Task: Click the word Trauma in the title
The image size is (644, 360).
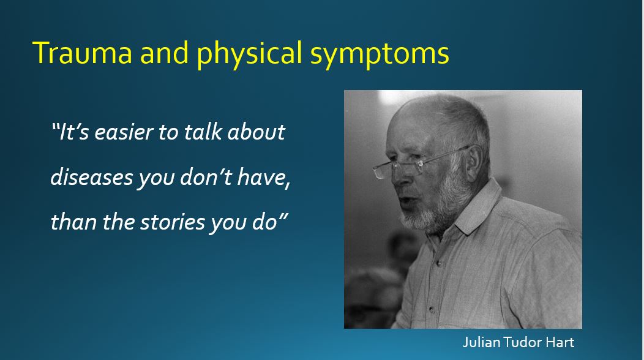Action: click(x=81, y=53)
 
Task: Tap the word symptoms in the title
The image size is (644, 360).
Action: click(x=379, y=53)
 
